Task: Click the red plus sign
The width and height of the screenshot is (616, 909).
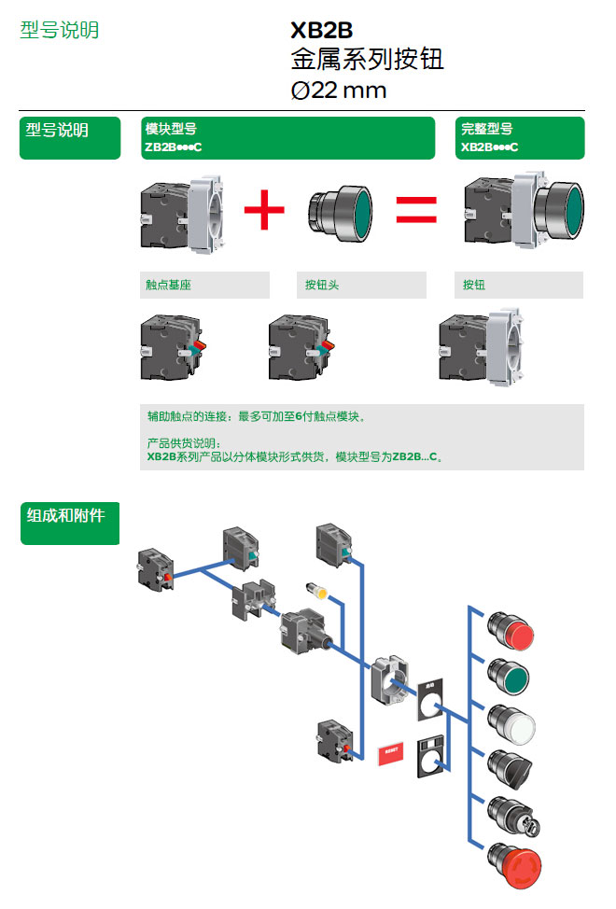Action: (264, 210)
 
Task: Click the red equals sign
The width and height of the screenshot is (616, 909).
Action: (415, 210)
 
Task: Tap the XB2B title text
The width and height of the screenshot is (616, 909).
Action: (322, 32)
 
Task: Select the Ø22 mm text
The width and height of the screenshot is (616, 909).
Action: (338, 91)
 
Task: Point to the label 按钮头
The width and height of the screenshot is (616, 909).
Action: (322, 285)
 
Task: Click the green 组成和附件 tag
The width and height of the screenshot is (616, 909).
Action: (70, 524)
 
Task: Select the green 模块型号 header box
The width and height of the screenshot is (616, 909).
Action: (287, 138)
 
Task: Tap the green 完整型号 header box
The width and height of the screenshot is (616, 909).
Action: (520, 138)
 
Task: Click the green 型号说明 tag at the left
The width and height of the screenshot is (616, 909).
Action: (70, 138)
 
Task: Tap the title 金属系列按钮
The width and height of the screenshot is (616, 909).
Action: (367, 61)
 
